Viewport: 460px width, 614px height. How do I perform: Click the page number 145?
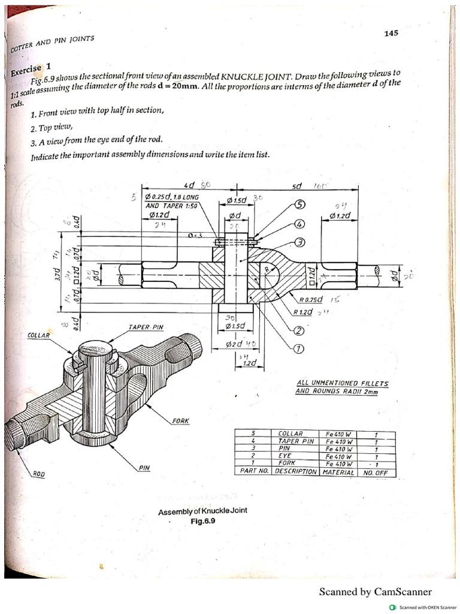point(391,34)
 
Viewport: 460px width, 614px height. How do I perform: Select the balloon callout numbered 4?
point(300,224)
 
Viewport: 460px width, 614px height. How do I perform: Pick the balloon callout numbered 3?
point(300,242)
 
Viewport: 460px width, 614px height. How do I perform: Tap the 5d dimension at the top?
point(296,186)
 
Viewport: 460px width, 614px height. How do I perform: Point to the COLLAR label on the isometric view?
point(39,335)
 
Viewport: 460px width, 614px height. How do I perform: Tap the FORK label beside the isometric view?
point(180,420)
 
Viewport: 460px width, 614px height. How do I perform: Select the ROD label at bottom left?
point(38,474)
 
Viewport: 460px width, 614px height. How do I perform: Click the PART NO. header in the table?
point(253,471)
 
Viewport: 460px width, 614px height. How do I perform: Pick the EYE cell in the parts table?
point(285,456)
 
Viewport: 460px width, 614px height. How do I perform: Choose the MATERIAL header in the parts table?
point(339,471)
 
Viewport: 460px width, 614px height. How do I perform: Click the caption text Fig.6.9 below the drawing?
point(202,521)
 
